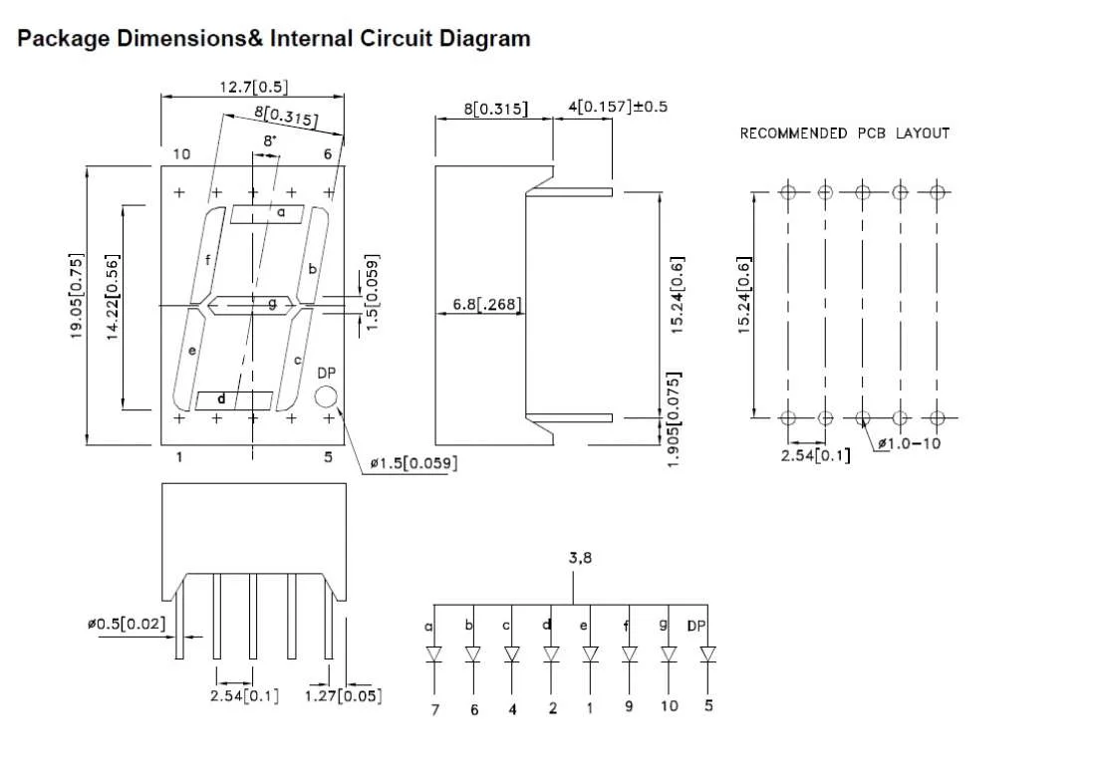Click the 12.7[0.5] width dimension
253,88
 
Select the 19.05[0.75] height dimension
76,296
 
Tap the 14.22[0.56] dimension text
114,296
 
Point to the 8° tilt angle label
270,141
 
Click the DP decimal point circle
326,396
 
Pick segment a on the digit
268,214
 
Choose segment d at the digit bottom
234,400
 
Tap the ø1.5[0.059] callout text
413,463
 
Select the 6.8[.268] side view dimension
487,304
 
